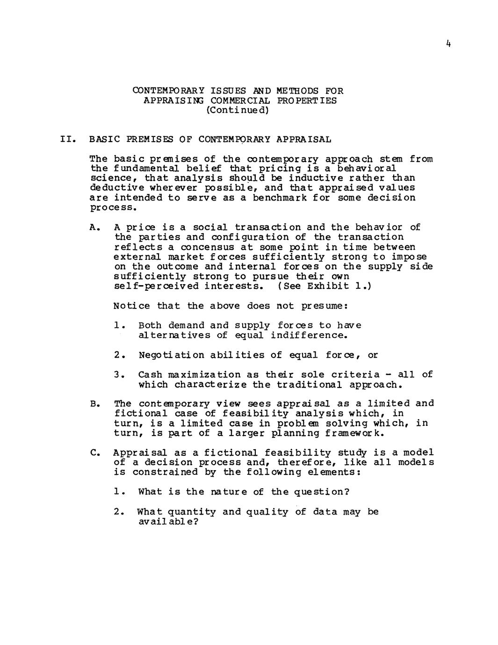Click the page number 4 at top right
pos(448,44)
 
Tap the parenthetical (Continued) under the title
pos(238,110)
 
